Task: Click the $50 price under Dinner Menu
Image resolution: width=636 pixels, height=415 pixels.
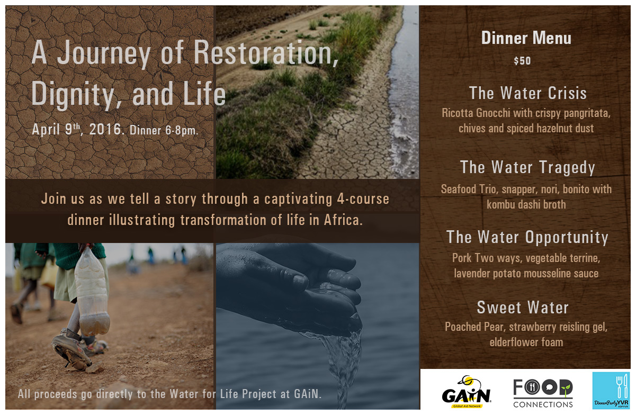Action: [x=522, y=61]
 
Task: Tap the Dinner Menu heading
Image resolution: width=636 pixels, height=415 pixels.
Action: [x=526, y=38]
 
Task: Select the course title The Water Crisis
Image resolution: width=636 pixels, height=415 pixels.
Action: [x=528, y=93]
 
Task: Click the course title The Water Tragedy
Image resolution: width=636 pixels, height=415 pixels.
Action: [x=527, y=167]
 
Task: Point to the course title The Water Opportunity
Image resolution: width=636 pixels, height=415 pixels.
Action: [x=527, y=237]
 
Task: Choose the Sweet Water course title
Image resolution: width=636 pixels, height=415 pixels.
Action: [x=523, y=308]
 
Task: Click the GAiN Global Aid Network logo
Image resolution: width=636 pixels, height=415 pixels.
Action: [x=466, y=392]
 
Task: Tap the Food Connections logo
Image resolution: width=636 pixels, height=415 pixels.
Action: [x=543, y=393]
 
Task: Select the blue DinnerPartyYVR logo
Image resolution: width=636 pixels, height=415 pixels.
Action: [x=611, y=391]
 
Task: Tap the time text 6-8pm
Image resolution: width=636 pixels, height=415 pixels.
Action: [x=182, y=131]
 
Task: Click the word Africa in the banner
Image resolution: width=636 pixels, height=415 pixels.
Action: [x=343, y=220]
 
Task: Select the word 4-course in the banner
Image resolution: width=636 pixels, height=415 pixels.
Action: [x=363, y=199]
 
